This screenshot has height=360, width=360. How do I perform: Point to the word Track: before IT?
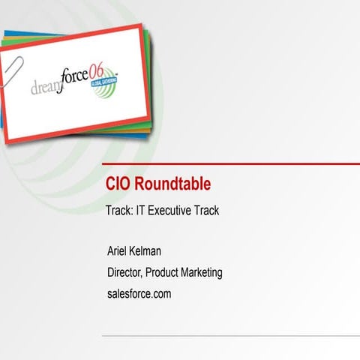click(x=119, y=211)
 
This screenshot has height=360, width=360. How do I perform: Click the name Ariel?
click(x=121, y=251)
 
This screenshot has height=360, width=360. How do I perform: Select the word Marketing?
click(x=204, y=272)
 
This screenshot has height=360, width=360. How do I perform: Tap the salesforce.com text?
click(x=139, y=293)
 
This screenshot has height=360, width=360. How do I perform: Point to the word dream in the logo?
click(x=47, y=88)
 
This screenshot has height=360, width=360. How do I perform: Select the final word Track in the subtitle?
click(x=206, y=211)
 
